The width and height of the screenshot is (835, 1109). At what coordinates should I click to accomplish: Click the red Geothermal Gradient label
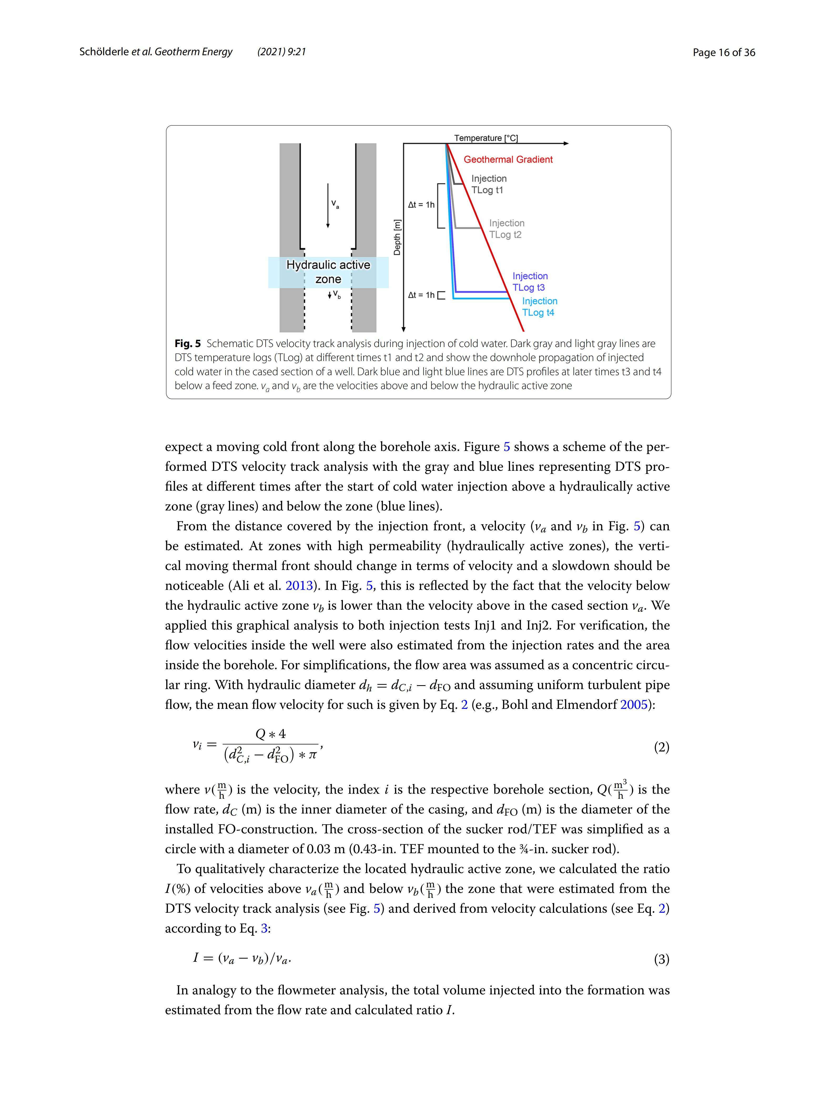508,159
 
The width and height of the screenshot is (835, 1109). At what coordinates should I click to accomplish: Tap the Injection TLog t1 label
488,184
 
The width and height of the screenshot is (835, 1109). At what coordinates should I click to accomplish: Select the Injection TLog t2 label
507,229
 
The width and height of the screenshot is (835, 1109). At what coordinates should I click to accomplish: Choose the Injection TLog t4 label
539,307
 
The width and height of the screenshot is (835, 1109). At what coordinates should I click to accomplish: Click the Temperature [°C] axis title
485,138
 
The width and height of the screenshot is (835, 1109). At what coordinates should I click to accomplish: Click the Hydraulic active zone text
328,272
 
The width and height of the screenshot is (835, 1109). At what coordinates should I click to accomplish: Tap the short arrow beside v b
329,295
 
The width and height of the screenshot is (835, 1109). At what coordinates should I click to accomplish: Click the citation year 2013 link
299,586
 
